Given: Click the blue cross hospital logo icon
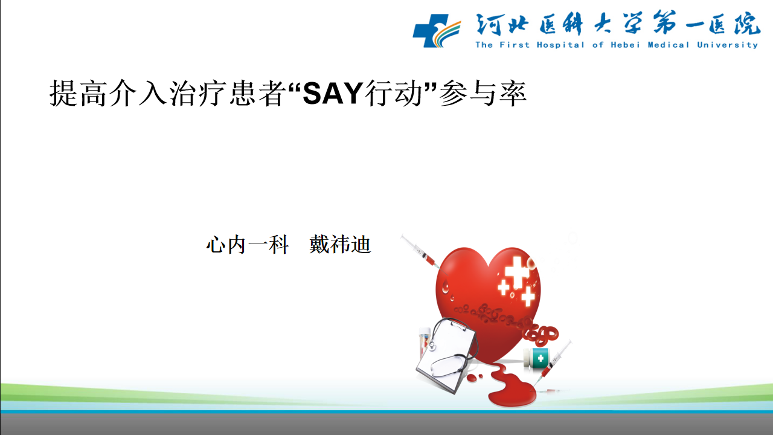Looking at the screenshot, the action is pyautogui.click(x=437, y=30).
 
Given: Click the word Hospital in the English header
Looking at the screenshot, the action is pyautogui.click(x=560, y=45).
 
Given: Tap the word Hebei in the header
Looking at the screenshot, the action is pyautogui.click(x=625, y=45).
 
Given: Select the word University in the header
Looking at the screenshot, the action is pyautogui.click(x=728, y=45).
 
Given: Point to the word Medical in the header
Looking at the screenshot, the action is pyautogui.click(x=669, y=45).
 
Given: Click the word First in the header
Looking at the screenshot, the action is pyautogui.click(x=514, y=45).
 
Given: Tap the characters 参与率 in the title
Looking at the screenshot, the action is pyautogui.click(x=483, y=93).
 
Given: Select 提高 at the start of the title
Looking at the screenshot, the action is pyautogui.click(x=78, y=93).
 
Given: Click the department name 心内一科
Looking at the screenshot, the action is pyautogui.click(x=247, y=245).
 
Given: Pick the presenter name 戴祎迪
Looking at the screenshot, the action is pyautogui.click(x=340, y=245).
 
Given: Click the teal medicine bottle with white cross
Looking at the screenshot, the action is pyautogui.click(x=536, y=358).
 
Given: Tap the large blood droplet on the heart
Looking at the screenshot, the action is pyautogui.click(x=446, y=286).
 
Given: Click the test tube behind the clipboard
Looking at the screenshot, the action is pyautogui.click(x=424, y=343).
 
